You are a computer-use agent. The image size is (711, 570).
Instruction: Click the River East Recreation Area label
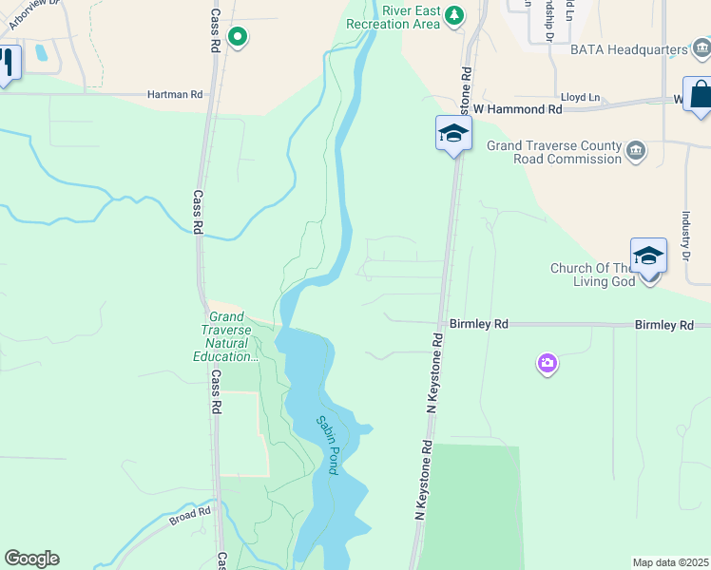[393, 16]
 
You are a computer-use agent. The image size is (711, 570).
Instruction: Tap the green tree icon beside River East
[455, 15]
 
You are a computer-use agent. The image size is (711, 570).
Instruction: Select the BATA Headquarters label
[628, 49]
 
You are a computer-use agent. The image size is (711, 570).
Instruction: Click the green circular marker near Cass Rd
[238, 38]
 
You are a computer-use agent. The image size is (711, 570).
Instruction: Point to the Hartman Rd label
[175, 95]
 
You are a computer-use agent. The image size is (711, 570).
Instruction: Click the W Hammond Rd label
[518, 109]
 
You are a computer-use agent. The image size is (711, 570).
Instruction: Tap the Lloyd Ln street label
[580, 97]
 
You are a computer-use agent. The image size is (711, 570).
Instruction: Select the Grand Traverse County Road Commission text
[553, 152]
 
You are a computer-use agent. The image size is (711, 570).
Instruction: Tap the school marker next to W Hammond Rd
[453, 134]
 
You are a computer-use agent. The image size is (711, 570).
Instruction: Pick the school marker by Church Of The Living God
[648, 256]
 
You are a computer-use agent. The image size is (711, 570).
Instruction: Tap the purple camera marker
[547, 363]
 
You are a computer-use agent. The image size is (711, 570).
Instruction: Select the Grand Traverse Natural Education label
[228, 336]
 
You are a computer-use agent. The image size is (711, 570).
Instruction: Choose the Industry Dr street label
[684, 237]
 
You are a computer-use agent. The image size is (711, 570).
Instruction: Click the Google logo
[31, 559]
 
